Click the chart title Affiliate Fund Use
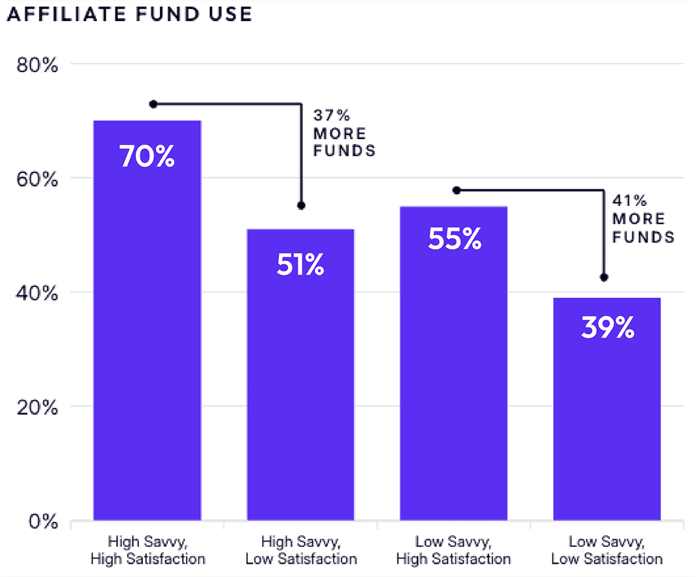(129, 14)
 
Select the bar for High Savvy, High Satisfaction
(147, 328)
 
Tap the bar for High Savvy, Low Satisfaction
(300, 380)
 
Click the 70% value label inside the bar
(147, 157)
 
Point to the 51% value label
(300, 265)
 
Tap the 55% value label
(454, 239)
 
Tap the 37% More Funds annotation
(344, 134)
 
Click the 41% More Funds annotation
(643, 219)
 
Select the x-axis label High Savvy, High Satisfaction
(147, 551)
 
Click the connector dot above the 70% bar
(153, 104)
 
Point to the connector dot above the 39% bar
(604, 277)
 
